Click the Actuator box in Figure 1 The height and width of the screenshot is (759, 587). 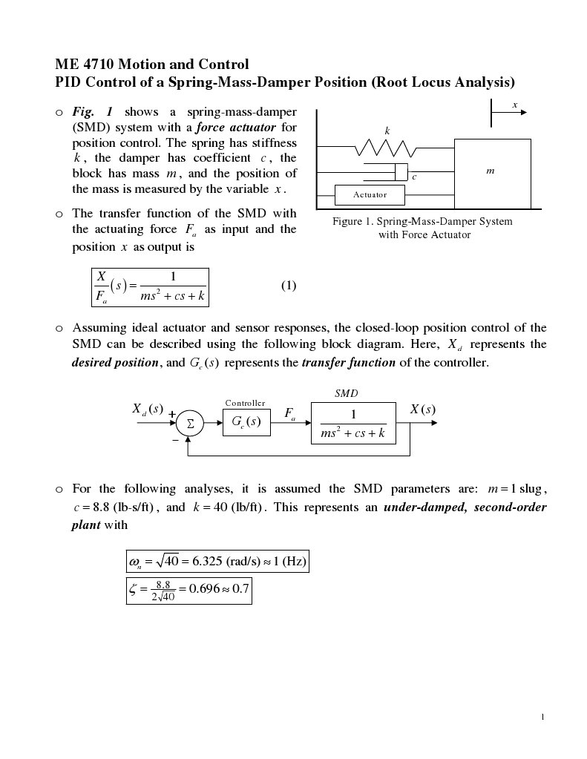(370, 194)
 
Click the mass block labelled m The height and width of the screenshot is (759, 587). (492, 173)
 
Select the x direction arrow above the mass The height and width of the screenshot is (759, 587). (509, 113)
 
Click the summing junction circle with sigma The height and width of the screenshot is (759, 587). (190, 424)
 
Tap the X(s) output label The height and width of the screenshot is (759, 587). (423, 410)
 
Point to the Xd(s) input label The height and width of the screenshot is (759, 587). (147, 410)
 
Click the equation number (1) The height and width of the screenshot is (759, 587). (289, 286)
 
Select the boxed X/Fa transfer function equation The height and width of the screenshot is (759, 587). (149, 287)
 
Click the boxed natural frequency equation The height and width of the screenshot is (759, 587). (217, 562)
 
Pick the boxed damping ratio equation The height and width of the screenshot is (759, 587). (189, 591)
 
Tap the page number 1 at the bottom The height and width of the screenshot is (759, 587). (543, 717)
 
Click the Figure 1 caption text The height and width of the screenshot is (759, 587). (422, 228)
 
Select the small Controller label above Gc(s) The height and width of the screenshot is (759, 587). (245, 403)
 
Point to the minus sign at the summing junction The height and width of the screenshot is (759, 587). (175, 440)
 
